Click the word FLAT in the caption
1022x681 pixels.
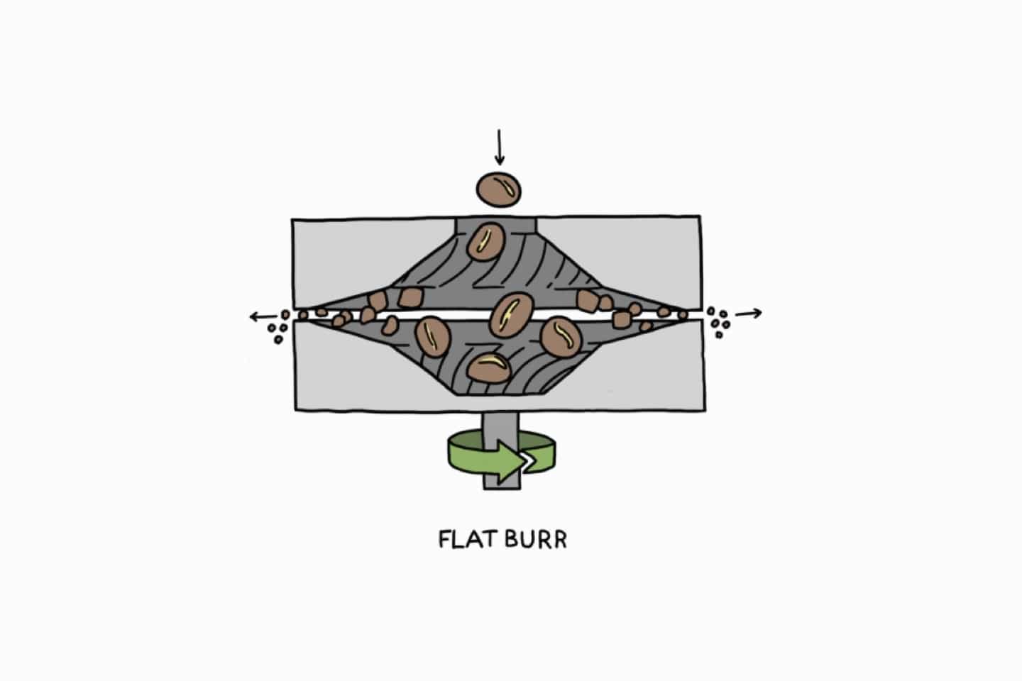point(468,539)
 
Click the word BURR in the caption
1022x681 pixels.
point(536,539)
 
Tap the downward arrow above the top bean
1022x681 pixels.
point(500,148)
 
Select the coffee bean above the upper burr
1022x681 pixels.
point(499,189)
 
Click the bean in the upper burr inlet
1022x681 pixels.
point(486,241)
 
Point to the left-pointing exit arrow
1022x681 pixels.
point(263,316)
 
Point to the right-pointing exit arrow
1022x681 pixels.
point(748,314)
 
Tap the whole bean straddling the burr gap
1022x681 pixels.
point(512,315)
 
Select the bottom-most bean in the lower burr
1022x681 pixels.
point(488,369)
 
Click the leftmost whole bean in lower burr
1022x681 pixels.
point(432,337)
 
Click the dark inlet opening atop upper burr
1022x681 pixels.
point(496,225)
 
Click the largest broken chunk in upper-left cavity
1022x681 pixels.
point(411,297)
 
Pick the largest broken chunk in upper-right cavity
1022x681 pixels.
point(588,301)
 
